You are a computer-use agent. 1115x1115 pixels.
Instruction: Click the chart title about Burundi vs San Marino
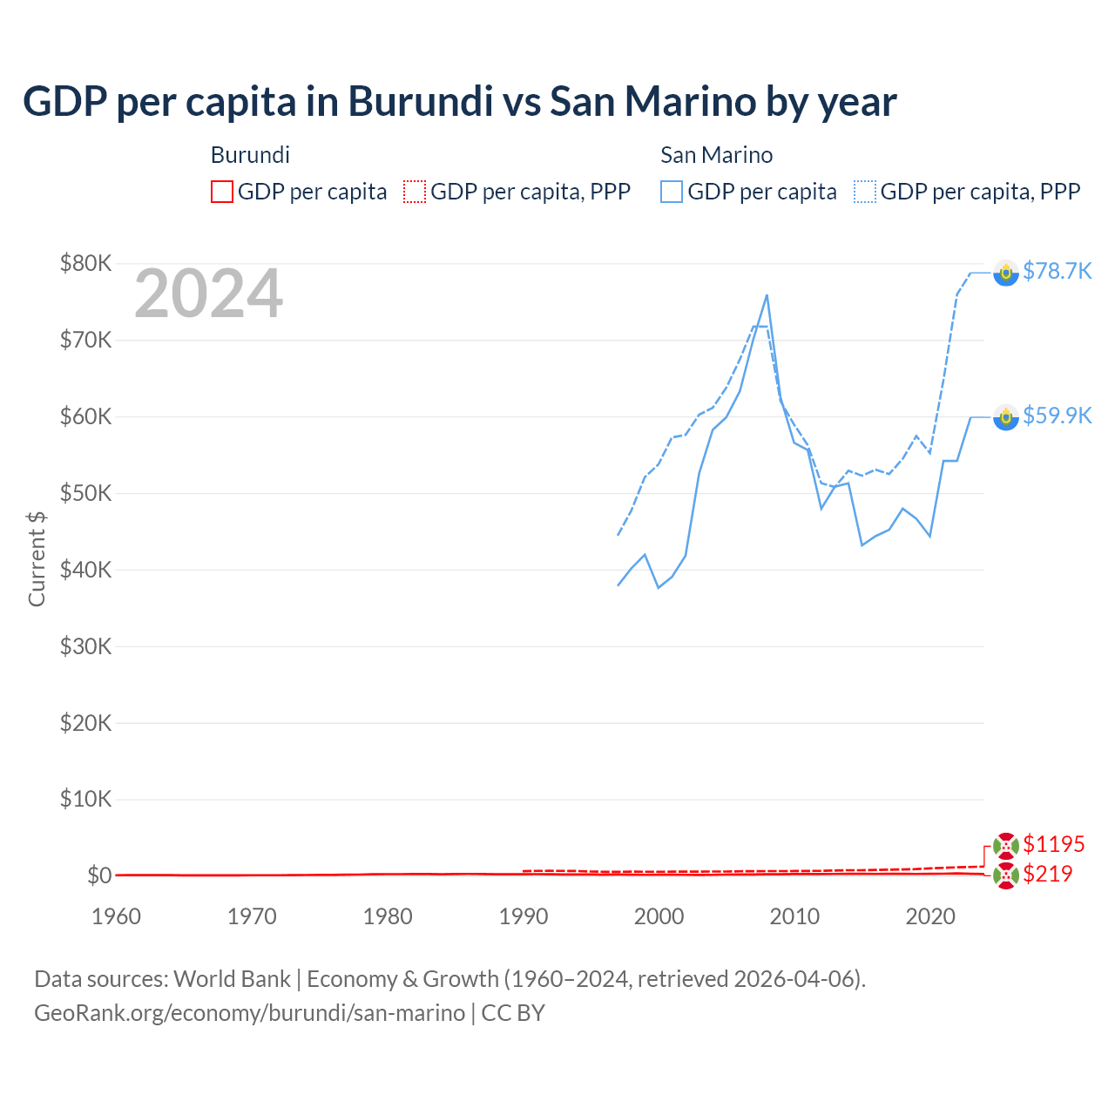tap(459, 101)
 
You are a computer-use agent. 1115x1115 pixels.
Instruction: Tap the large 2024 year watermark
tap(208, 294)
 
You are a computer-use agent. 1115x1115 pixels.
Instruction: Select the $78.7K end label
tap(1057, 271)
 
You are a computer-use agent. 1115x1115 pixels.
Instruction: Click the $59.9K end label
tap(1057, 416)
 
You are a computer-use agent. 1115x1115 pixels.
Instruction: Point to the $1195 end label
tap(1053, 844)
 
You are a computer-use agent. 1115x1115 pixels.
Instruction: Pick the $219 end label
tap(1047, 874)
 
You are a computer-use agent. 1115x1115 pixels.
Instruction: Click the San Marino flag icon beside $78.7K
tap(1006, 273)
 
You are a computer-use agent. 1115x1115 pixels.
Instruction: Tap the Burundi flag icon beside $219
tap(1006, 876)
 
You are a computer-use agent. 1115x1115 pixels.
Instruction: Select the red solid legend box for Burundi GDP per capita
tap(222, 192)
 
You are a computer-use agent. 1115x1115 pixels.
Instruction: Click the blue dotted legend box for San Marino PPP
tap(864, 192)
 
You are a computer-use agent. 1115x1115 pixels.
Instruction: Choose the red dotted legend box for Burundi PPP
tap(415, 192)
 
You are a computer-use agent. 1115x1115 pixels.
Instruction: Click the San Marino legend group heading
tap(716, 155)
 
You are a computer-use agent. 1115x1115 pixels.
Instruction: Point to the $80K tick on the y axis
tap(85, 263)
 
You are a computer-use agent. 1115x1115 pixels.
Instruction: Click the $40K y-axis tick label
tap(85, 570)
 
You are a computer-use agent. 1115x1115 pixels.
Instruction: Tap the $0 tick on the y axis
tap(99, 875)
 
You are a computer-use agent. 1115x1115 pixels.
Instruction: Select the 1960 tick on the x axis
tap(116, 916)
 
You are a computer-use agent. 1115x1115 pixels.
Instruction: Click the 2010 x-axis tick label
tap(794, 916)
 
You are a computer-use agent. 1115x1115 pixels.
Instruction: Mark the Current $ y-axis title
tap(37, 558)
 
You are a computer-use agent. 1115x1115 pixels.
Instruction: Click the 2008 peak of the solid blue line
tap(767, 295)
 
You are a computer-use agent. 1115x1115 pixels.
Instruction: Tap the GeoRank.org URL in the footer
tap(249, 1013)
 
